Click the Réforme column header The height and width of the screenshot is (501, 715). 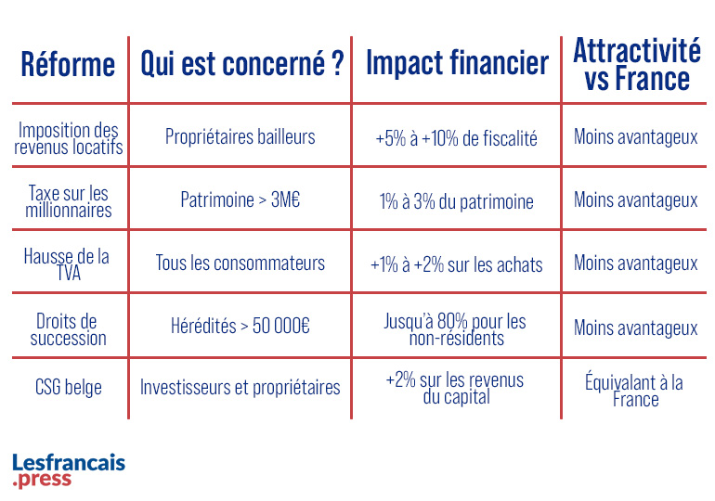pos(68,65)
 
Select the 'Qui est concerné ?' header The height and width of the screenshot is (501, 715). pos(241,65)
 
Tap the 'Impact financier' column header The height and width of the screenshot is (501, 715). pos(457,65)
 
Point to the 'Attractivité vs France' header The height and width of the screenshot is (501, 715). pos(636,64)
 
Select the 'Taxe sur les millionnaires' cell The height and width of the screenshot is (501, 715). pos(70,200)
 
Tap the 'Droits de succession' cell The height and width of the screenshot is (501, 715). pos(70,328)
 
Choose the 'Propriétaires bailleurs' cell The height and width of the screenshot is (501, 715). pos(240,137)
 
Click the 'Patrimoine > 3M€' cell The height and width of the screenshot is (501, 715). pos(240,200)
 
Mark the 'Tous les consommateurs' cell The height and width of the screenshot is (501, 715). pos(240,263)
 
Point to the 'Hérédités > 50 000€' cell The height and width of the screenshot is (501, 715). pos(240,327)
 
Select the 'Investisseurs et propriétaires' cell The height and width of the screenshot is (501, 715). pos(240,387)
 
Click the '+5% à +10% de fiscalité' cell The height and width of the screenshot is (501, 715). pos(456,138)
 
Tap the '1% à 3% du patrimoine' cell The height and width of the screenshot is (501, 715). pos(456,200)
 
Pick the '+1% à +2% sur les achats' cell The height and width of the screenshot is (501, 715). pos(456,263)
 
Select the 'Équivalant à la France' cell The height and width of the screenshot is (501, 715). pos(636,390)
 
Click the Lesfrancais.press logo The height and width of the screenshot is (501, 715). pos(69,470)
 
